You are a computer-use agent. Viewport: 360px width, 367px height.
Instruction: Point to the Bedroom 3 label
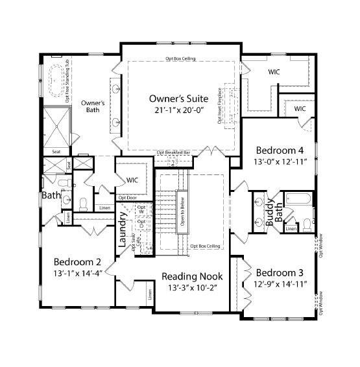tap(279, 272)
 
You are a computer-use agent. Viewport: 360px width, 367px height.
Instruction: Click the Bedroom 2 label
tap(77, 262)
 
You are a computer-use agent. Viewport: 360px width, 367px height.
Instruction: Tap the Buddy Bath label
tap(274, 214)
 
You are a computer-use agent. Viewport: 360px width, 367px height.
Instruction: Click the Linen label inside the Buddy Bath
tap(291, 228)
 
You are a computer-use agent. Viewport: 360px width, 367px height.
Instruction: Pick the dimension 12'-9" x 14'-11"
tap(279, 283)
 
